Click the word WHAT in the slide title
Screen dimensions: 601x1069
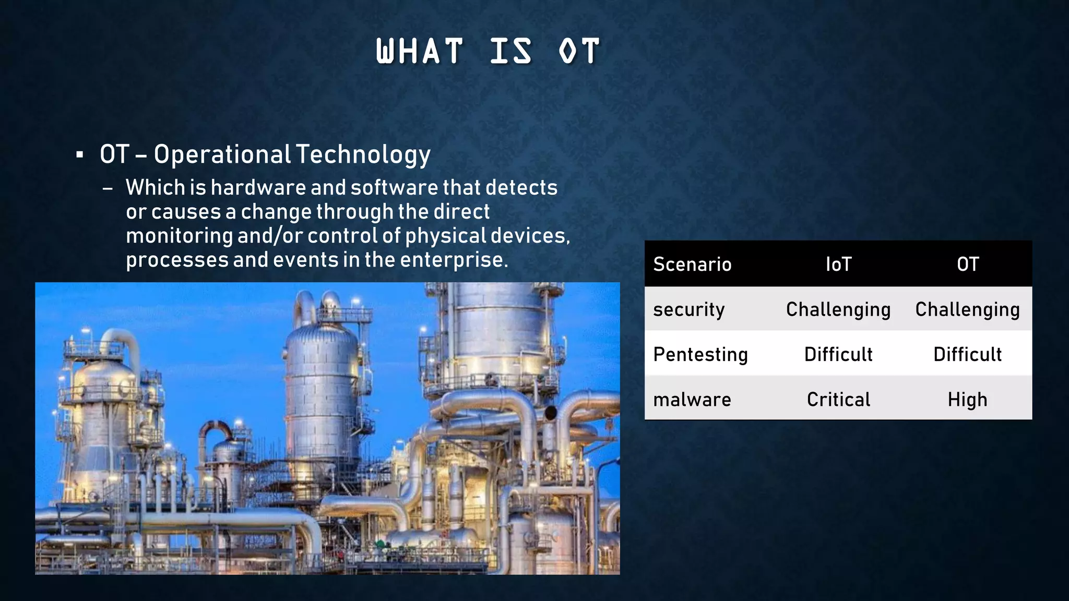coord(419,51)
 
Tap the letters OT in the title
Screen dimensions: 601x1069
coord(579,51)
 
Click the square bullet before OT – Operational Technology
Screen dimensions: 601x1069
coord(79,155)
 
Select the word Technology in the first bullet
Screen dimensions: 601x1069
coord(363,155)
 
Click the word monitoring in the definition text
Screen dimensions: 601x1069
coord(179,236)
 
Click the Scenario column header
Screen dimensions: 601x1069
coord(692,265)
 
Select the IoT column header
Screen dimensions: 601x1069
coord(838,265)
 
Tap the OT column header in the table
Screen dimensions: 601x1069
coord(967,265)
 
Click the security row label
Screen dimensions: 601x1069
coord(688,309)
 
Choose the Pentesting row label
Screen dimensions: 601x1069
coord(700,355)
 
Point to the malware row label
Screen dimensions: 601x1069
coord(692,400)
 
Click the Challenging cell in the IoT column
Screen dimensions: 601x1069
coord(838,309)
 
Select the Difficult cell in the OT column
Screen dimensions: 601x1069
coord(967,355)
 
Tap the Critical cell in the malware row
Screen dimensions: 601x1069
coord(838,400)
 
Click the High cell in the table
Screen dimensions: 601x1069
coord(967,400)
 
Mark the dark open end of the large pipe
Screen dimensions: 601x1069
coord(550,413)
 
